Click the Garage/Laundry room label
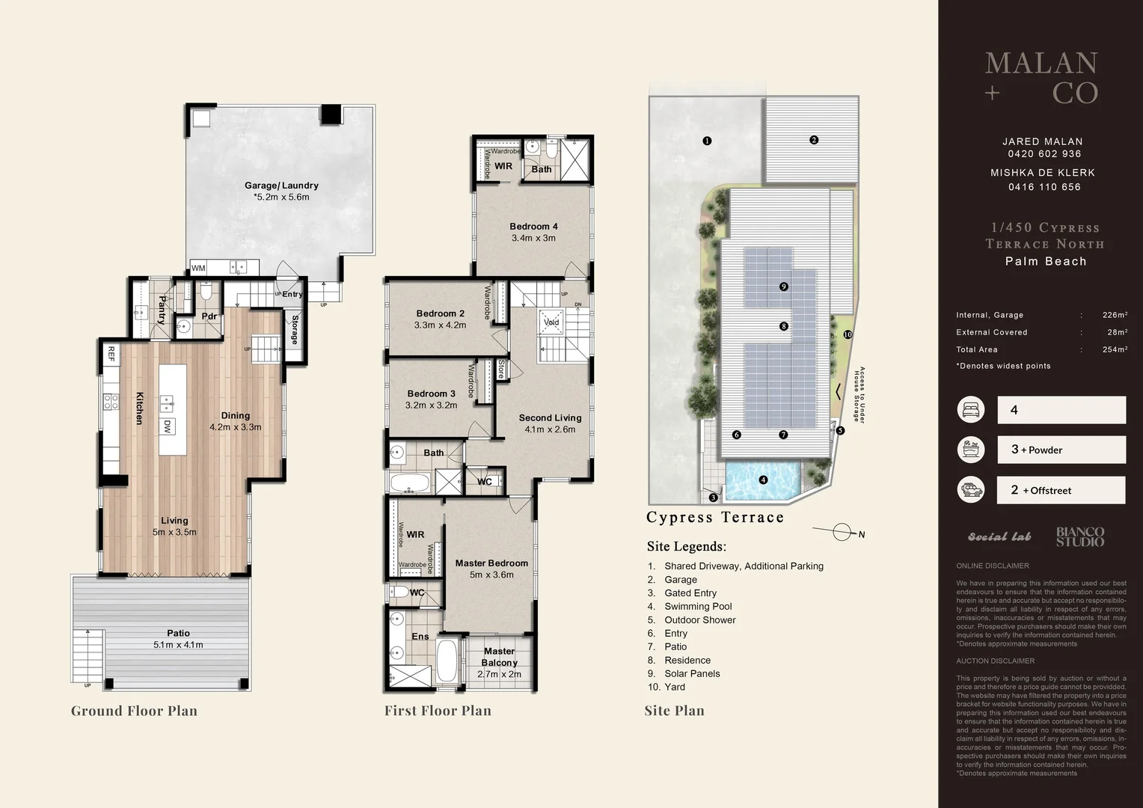coord(281,186)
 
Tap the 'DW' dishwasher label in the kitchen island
coord(168,426)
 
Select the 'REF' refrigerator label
coord(111,354)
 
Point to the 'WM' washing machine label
coord(198,268)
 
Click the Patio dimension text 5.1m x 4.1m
coord(178,645)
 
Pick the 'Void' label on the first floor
coord(551,322)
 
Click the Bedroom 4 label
coord(533,227)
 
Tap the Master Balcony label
coord(499,657)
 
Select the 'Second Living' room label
coord(550,418)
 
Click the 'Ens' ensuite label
coord(420,637)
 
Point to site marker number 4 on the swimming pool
coord(763,480)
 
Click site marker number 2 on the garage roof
coord(814,140)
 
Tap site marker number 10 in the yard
coord(848,334)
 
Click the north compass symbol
coord(842,533)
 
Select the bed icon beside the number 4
coord(970,410)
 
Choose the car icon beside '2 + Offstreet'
coord(970,490)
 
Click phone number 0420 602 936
coord(1044,154)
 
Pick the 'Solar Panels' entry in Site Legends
coord(692,673)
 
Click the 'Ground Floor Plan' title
coord(134,711)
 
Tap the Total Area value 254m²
coord(1115,349)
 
